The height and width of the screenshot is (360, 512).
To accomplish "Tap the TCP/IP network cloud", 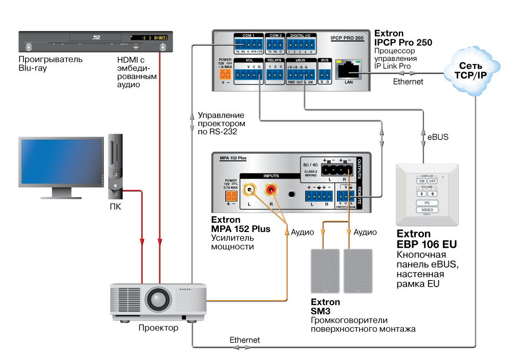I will (470, 71).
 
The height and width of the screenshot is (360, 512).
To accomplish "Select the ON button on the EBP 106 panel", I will (422, 181).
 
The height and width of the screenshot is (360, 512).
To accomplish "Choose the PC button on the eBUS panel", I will (427, 203).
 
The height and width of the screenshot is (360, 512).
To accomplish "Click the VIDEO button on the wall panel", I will (427, 210).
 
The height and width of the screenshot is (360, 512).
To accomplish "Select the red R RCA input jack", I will (270, 192).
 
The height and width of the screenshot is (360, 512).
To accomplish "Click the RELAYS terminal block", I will (275, 75).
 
